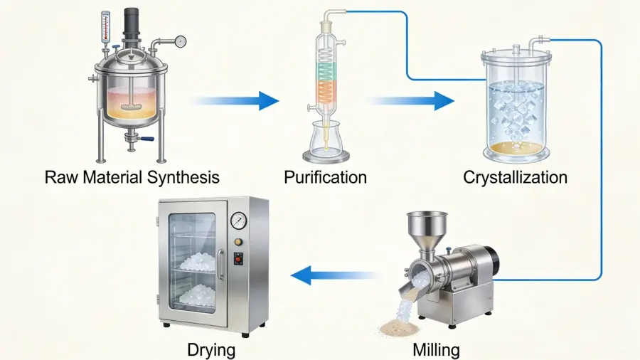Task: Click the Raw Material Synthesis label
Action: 132,176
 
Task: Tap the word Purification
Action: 325,176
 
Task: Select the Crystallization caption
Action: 515,176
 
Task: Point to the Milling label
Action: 436,349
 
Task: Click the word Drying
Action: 211,349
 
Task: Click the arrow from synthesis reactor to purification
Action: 235,101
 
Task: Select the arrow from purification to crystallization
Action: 412,101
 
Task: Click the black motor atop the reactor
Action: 132,25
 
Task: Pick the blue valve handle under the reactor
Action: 148,139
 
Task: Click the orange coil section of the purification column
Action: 326,92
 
